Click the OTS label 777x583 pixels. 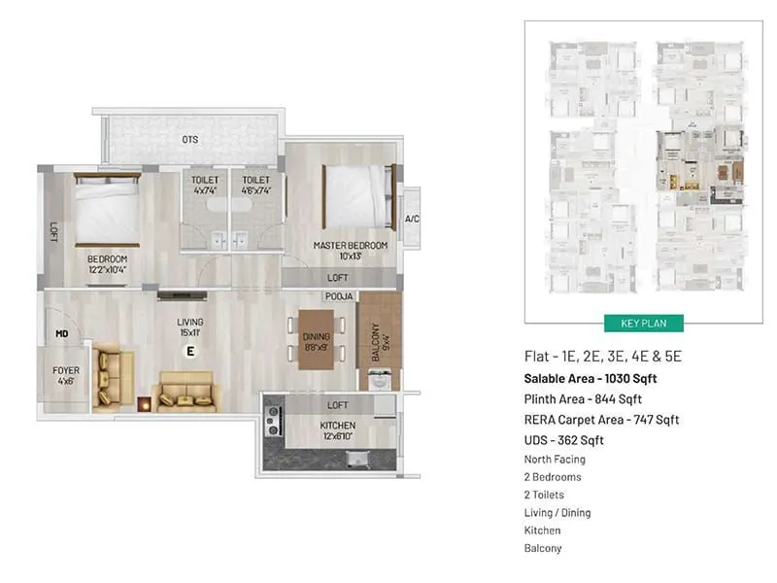pos(189,140)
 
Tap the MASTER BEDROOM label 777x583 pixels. pos(350,250)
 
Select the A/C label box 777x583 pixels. pos(411,219)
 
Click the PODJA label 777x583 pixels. pos(339,295)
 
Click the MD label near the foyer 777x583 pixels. pos(62,335)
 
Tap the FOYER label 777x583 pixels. pos(66,375)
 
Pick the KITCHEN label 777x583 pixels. pos(338,430)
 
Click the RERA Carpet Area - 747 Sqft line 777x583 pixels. pos(601,420)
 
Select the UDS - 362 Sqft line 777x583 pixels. pos(564,440)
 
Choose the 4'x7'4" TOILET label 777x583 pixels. pos(205,185)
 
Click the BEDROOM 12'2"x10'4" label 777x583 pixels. pos(107,264)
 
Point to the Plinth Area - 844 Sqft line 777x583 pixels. pos(583,399)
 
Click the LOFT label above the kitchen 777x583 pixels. pos(337,405)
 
